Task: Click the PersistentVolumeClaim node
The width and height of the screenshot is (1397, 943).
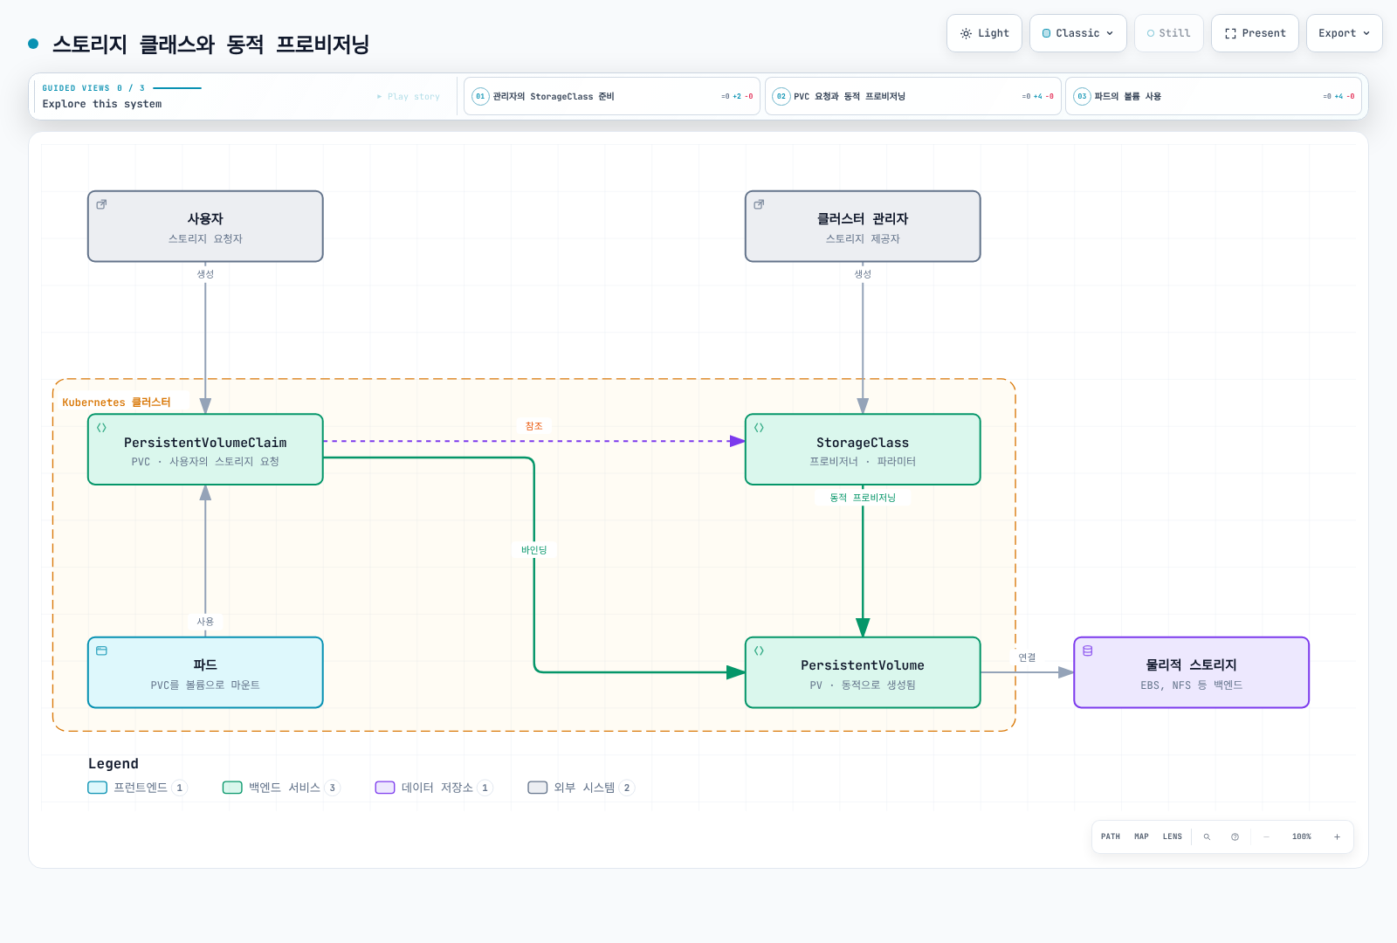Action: [205, 449]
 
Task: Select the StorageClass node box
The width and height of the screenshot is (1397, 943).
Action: [863, 449]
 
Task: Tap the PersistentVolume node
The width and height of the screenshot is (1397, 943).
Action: [863, 672]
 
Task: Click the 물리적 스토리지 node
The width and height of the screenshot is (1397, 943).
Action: [1191, 672]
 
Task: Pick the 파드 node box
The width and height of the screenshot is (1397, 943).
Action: [205, 672]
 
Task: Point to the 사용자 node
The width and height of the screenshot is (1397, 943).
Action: [205, 226]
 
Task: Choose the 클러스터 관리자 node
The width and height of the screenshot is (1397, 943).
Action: [863, 226]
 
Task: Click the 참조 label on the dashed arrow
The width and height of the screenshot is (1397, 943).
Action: [533, 426]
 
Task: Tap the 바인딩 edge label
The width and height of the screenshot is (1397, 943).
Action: [533, 549]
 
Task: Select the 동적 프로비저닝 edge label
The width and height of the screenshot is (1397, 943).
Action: [863, 497]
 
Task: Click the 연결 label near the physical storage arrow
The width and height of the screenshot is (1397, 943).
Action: [1027, 657]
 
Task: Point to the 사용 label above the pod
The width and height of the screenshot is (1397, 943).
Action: [205, 621]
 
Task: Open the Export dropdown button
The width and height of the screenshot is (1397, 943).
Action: [1344, 33]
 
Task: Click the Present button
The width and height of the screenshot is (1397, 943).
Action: [1255, 33]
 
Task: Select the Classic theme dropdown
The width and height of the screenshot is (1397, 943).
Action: [1077, 33]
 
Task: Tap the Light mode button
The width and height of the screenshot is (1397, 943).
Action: [984, 33]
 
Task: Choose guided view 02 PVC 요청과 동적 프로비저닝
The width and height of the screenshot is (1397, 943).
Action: [913, 96]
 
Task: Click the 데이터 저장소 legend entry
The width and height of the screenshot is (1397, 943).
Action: [434, 788]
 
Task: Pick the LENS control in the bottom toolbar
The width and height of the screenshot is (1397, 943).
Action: [1172, 836]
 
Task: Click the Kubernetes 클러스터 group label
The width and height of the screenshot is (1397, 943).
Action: [116, 403]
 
